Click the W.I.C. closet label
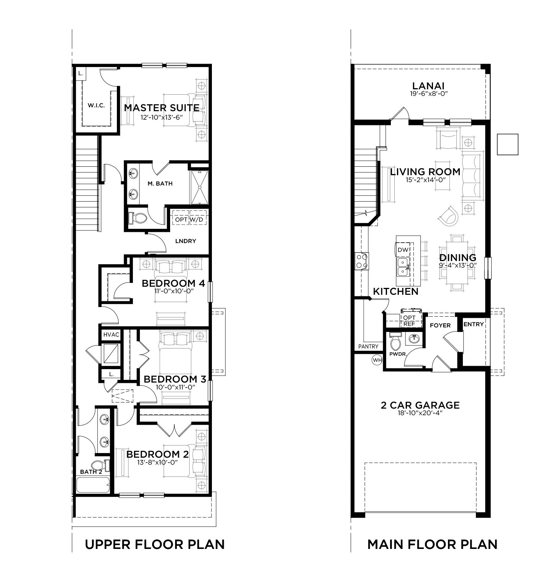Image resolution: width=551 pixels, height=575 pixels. (x=96, y=105)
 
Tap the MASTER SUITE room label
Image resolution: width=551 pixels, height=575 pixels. (x=162, y=108)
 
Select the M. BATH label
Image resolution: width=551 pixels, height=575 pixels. (x=160, y=184)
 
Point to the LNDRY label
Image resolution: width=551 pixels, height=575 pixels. (x=186, y=241)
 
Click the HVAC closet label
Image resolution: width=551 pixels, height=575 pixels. (x=111, y=335)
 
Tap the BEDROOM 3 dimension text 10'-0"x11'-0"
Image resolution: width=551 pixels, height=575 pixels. (x=176, y=387)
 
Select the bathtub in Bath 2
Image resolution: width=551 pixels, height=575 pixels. (x=93, y=485)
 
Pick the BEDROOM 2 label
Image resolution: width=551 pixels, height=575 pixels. (x=157, y=454)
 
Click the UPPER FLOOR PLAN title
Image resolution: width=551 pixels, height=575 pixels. (x=155, y=544)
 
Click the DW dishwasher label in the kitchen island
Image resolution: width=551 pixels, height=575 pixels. (x=403, y=250)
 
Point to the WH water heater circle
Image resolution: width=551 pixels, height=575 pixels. (x=377, y=360)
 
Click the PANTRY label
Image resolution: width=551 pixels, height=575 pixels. (x=368, y=347)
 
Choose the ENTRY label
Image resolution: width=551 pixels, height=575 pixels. (x=474, y=324)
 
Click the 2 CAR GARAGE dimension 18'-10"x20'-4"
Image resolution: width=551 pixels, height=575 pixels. (x=420, y=413)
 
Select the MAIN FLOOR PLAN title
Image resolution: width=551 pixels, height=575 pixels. (x=432, y=544)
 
